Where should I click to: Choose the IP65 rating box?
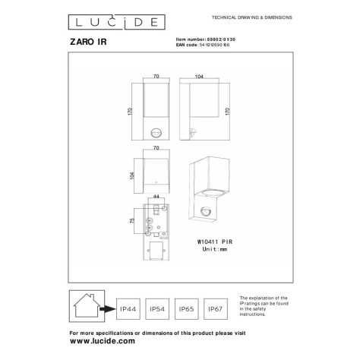[x=188, y=309]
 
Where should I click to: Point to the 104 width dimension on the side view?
[x=199, y=77]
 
